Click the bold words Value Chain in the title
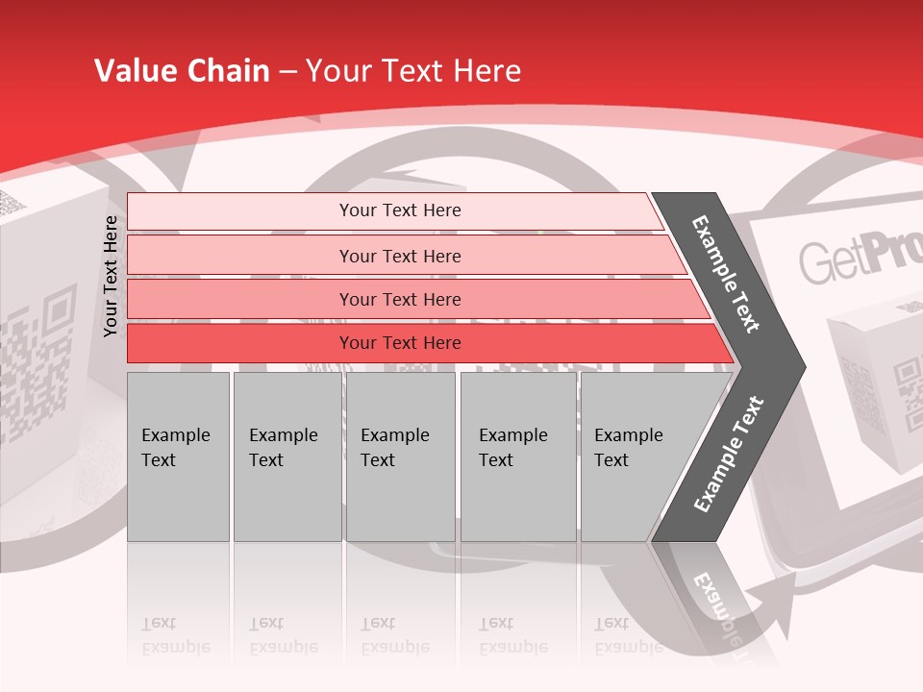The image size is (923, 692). [182, 71]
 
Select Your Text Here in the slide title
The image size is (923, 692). [413, 71]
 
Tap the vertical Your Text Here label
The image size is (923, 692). [111, 276]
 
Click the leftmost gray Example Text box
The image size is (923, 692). [178, 457]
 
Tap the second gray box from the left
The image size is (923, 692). [287, 457]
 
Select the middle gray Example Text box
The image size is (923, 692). [400, 457]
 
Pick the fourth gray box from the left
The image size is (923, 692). [517, 457]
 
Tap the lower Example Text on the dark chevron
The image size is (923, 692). [729, 455]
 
